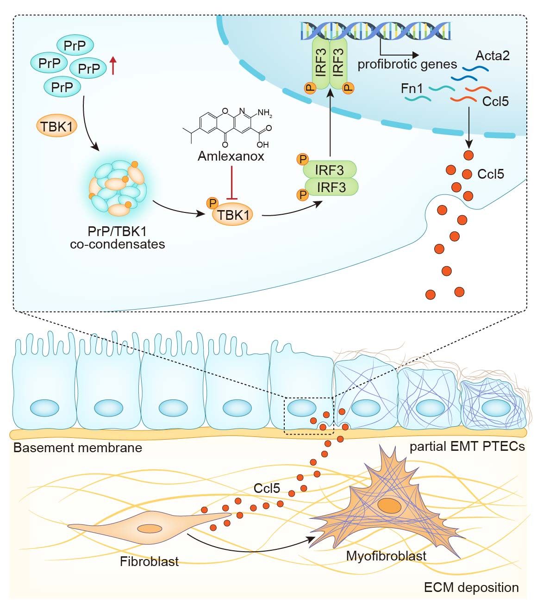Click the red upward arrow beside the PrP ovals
point(112,66)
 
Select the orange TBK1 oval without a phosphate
point(57,126)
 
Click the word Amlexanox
point(231,156)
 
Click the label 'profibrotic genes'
point(407,64)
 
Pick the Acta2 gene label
point(493,56)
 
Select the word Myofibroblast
point(386,556)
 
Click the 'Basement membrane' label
point(77,448)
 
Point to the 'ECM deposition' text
point(471,588)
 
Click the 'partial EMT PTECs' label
point(467,447)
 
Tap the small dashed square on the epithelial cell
point(308,416)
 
